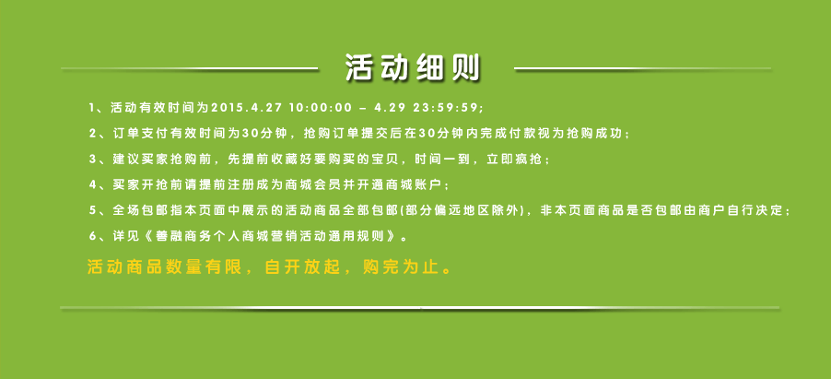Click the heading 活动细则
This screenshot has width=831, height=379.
[x=413, y=68]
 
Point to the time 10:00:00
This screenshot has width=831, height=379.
[x=321, y=108]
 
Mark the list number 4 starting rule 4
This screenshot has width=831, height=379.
[x=92, y=184]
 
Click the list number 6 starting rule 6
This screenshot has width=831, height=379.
[x=92, y=236]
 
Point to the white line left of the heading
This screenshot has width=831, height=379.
[x=189, y=68]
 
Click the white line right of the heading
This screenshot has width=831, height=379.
[x=643, y=68]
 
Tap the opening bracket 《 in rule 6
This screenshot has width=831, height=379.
[x=147, y=236]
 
